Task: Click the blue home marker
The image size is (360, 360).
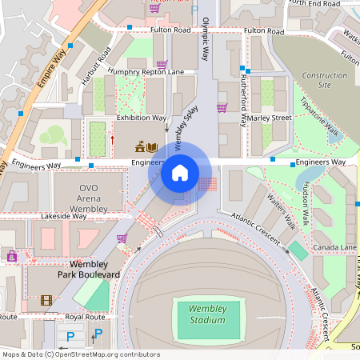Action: [180, 172]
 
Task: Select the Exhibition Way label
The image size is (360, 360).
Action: [141, 118]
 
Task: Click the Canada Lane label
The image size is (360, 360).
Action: [334, 247]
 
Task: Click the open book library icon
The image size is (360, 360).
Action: [152, 146]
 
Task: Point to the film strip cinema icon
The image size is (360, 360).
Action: [46, 301]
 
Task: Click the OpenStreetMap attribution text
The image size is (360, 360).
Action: [80, 354]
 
